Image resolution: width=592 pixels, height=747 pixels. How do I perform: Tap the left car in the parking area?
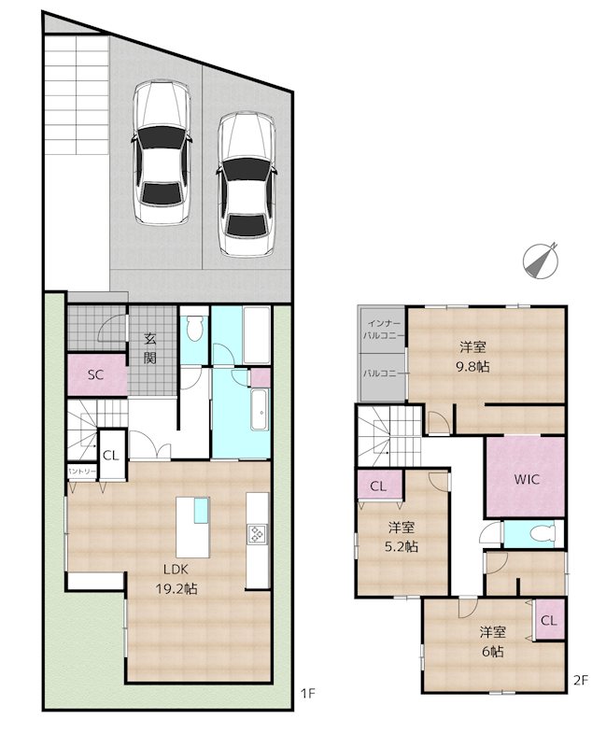coord(162,152)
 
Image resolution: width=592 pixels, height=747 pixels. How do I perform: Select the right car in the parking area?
coord(247,183)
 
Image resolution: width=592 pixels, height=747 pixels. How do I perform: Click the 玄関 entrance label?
coord(150,348)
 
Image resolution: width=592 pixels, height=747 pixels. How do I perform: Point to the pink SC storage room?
coord(97,374)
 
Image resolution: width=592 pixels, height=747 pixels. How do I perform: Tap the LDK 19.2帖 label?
coord(176,578)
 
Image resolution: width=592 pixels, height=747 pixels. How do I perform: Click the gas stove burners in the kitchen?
coord(257,533)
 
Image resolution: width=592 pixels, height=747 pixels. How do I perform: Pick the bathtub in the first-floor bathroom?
coord(260,410)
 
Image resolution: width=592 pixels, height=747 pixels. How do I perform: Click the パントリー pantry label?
coord(82,472)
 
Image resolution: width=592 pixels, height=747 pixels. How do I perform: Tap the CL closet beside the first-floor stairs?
coord(111,455)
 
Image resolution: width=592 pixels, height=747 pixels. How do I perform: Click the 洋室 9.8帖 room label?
coord(472,357)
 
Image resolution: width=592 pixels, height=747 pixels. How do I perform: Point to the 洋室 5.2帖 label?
coord(401,536)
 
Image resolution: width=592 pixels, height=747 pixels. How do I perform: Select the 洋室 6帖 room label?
coord(492,641)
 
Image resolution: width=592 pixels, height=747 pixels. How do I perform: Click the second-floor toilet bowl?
coord(543,533)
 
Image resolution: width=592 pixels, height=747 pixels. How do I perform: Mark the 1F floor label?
coord(307,693)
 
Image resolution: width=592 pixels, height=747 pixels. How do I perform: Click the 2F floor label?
coord(581,681)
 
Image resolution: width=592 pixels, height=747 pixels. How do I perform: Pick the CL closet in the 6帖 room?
coord(549,620)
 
